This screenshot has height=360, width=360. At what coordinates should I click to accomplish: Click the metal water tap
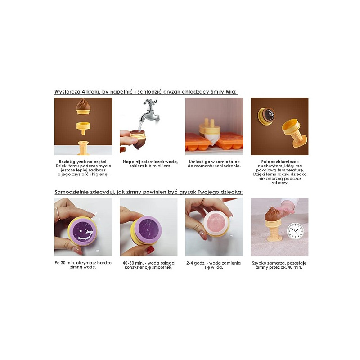coord(149,111)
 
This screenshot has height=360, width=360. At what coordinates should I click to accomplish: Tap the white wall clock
coord(296,231)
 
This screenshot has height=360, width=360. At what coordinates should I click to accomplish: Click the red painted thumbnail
coord(150,250)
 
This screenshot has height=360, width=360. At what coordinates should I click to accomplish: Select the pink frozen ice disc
coord(216,223)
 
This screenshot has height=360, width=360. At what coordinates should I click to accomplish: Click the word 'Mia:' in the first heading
coord(231,92)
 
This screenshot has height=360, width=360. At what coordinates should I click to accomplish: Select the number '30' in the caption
coord(63,263)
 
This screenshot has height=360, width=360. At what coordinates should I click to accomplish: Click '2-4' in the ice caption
coord(190,263)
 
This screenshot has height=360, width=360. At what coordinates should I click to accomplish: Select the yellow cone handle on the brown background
coord(294,133)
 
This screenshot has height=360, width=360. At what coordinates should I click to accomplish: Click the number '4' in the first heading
coord(83,92)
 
